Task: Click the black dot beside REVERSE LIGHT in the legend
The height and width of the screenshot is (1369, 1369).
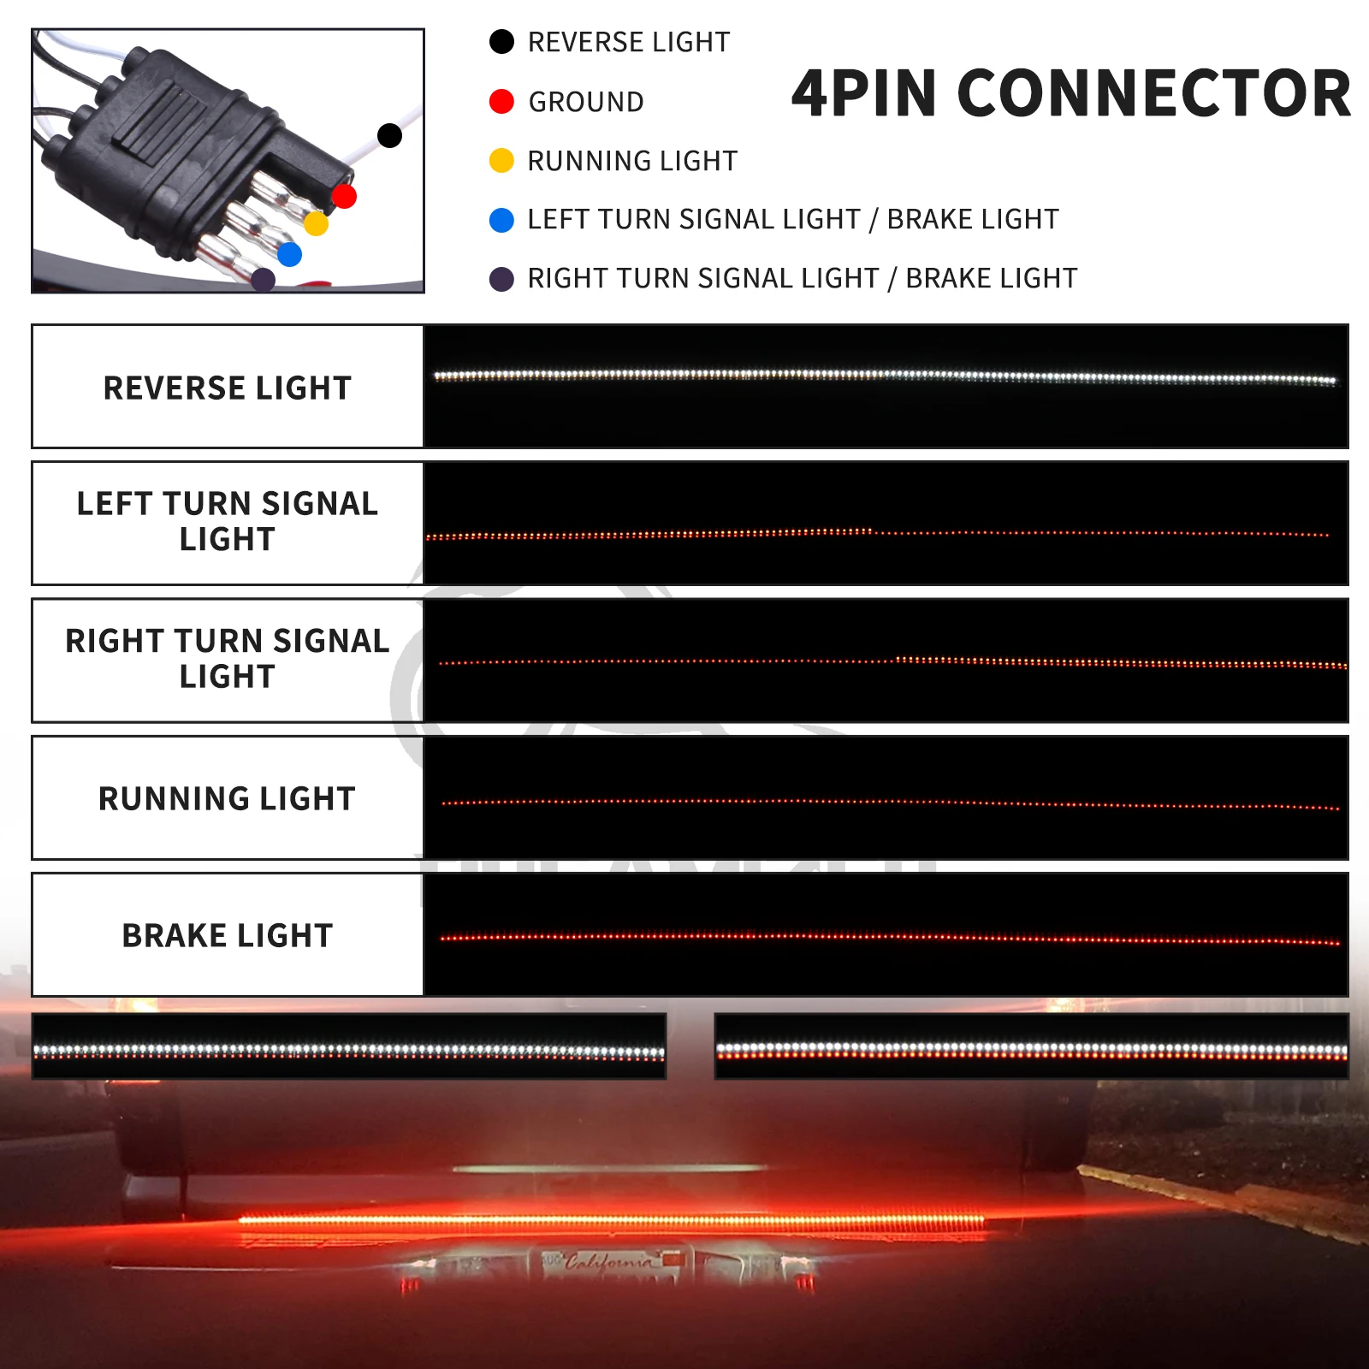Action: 501,42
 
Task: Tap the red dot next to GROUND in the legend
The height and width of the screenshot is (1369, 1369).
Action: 501,102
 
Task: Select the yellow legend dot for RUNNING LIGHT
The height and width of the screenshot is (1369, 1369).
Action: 501,161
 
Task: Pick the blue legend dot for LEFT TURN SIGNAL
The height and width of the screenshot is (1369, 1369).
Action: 501,220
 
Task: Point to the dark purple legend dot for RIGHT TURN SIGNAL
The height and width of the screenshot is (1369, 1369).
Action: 501,279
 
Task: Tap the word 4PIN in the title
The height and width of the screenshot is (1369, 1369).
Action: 864,93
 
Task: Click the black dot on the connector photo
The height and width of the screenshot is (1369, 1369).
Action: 389,135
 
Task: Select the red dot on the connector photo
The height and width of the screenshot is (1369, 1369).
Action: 344,197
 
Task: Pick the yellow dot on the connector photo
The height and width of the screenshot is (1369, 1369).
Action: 316,224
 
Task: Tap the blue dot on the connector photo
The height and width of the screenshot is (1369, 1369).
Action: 290,254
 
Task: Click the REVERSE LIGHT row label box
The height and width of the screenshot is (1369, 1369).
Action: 228,388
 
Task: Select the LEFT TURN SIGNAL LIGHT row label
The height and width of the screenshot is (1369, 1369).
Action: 228,522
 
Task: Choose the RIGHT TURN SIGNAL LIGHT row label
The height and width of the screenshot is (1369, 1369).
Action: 228,659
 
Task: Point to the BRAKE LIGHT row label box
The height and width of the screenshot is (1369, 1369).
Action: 228,935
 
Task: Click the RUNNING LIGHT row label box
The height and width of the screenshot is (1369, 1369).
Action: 228,798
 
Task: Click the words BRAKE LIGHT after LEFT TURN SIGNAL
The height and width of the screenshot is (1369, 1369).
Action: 973,220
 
